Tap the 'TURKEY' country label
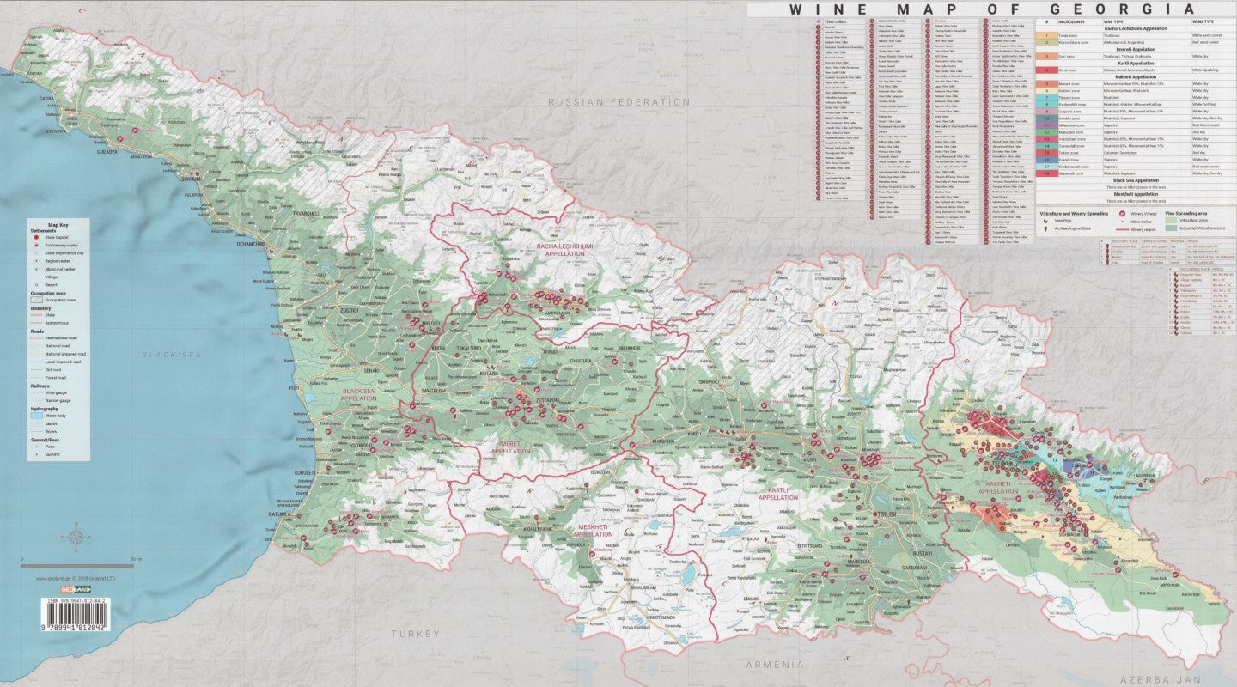tap(416, 634)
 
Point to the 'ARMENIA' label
tap(775, 665)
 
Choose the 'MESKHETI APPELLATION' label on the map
tap(593, 530)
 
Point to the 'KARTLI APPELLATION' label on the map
tap(777, 494)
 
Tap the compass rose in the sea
tap(76, 538)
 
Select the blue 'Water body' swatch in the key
tap(38, 416)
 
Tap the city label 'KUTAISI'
tap(488, 374)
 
